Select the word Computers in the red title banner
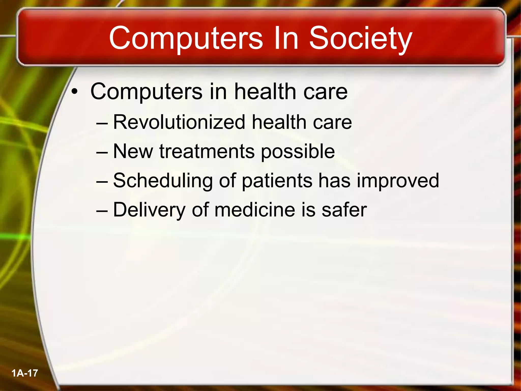tap(186, 39)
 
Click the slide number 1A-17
tap(25, 373)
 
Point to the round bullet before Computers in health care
tap(74, 92)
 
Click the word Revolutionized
tap(179, 122)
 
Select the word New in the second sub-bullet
tap(133, 151)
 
